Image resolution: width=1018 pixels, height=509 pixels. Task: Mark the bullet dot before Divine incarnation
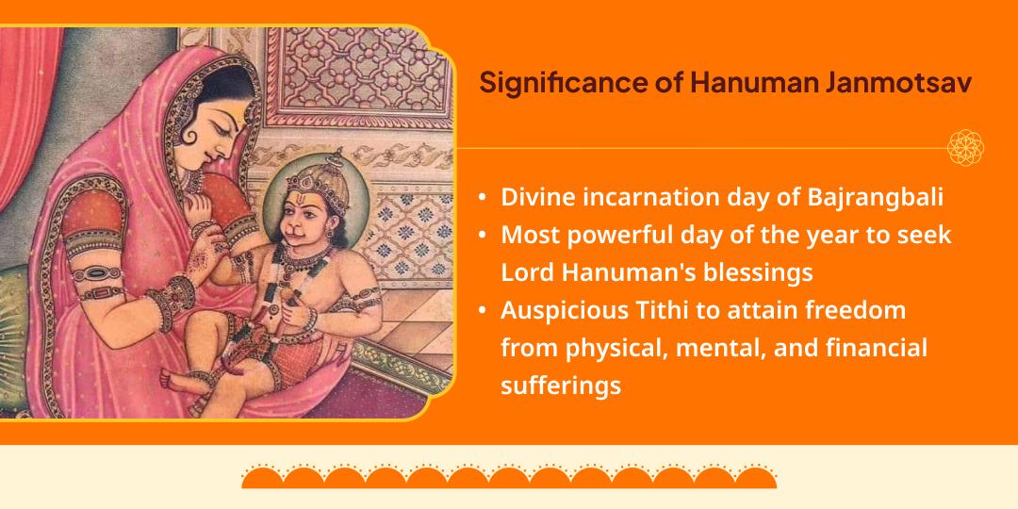coord(483,199)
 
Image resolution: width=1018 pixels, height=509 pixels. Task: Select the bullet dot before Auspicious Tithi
coord(483,310)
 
